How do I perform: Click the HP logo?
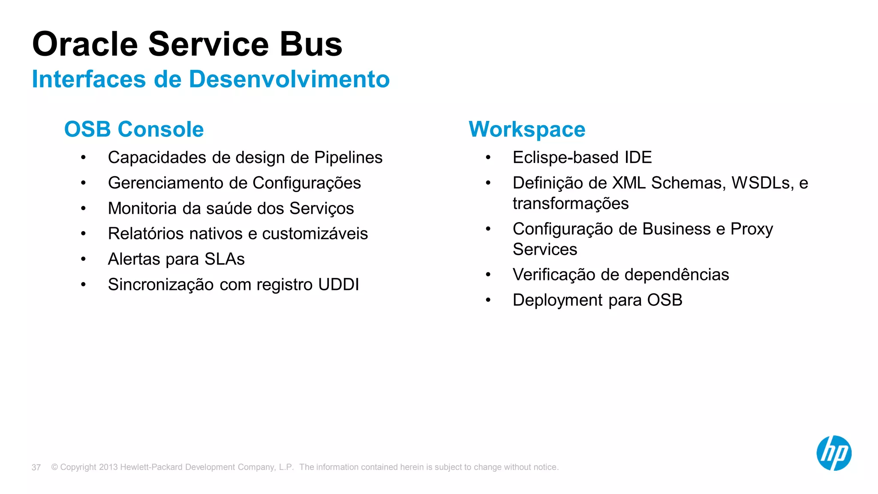point(833,453)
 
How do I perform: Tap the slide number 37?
point(36,467)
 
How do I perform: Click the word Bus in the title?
point(311,44)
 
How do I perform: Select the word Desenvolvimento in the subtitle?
point(289,79)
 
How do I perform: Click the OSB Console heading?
point(134,129)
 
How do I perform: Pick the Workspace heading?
point(527,129)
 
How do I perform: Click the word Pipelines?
point(348,158)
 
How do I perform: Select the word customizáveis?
point(315,234)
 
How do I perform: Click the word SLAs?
point(224,259)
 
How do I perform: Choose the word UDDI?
point(338,285)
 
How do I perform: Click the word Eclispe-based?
point(566,158)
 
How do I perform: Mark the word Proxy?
point(752,229)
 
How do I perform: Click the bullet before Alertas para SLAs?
point(83,259)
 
